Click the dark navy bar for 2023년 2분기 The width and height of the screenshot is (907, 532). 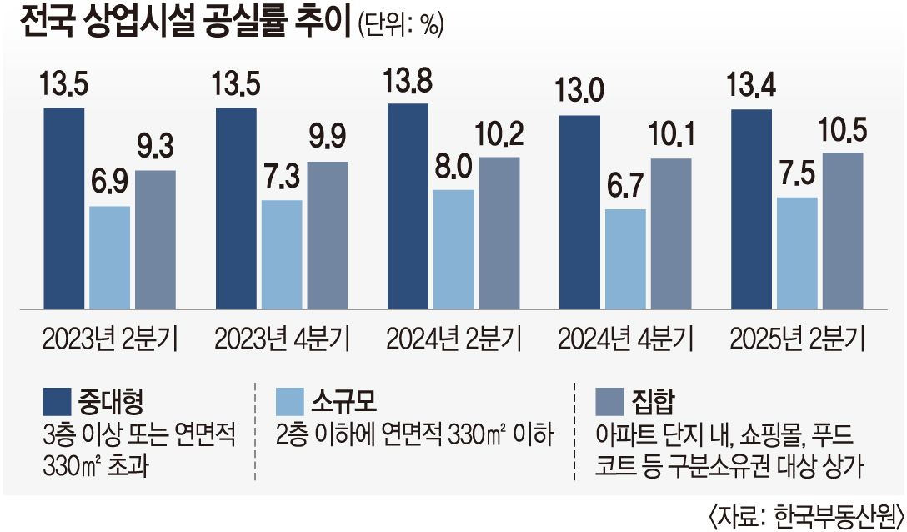pyautogui.click(x=64, y=207)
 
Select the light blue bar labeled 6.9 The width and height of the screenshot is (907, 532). pyautogui.click(x=109, y=255)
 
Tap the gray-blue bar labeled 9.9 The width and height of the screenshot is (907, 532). pyautogui.click(x=328, y=233)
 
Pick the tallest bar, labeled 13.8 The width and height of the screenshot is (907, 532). pyautogui.click(x=408, y=204)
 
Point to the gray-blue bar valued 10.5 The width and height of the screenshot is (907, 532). pyautogui.click(x=842, y=229)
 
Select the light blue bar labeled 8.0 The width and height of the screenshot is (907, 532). pyautogui.click(x=453, y=248)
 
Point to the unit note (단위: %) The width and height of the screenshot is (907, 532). pyautogui.click(x=400, y=24)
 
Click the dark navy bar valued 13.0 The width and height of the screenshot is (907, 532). pyautogui.click(x=579, y=210)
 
